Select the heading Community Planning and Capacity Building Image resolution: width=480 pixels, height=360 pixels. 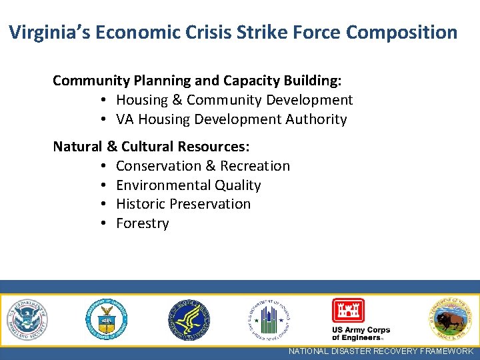click(x=197, y=81)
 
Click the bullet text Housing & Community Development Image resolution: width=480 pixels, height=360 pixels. click(x=234, y=100)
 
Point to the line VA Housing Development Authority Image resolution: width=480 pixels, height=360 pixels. click(x=231, y=119)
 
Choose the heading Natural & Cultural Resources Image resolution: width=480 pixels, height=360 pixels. click(x=151, y=146)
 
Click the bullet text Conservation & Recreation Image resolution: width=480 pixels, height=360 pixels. click(x=203, y=165)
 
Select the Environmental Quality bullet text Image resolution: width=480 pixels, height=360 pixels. click(x=188, y=185)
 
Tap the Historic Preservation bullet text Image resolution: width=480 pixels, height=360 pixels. click(x=183, y=204)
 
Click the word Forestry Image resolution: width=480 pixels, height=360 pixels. click(x=142, y=223)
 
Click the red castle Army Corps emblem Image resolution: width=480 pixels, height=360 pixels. click(x=348, y=311)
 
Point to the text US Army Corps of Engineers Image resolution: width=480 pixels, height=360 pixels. click(x=361, y=334)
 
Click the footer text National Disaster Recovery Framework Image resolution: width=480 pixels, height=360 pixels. click(x=381, y=351)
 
